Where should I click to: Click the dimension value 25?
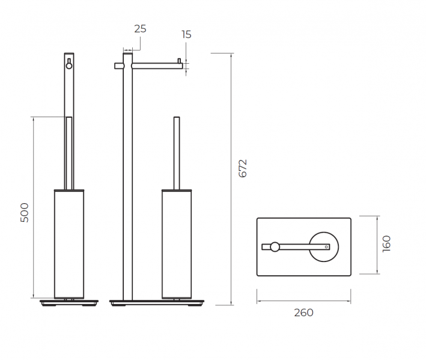tap(140, 29)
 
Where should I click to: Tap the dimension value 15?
tap(186, 34)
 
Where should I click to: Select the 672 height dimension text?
tap(243, 168)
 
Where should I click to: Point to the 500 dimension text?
tap(25, 213)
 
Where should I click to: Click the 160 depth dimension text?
tap(386, 244)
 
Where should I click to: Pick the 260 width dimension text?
tap(303, 313)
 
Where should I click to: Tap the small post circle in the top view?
tap(275, 246)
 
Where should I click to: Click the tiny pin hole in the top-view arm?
tap(326, 247)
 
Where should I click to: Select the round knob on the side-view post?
tap(69, 66)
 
